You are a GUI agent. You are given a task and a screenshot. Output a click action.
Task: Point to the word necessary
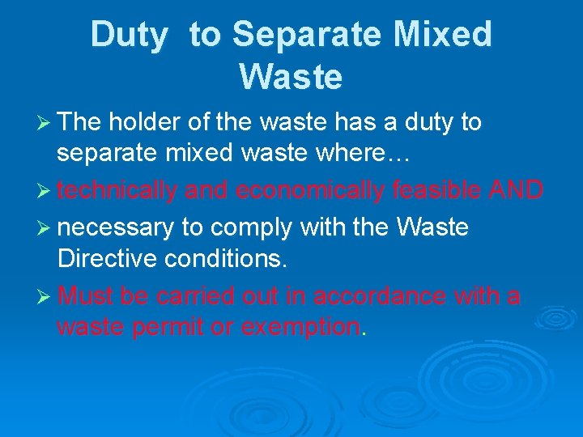point(116,227)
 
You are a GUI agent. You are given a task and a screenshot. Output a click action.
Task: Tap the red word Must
point(86,296)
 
